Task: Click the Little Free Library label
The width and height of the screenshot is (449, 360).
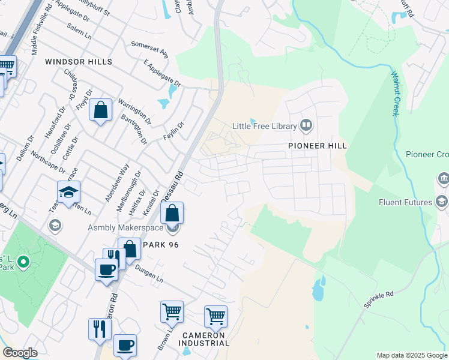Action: pyautogui.click(x=265, y=126)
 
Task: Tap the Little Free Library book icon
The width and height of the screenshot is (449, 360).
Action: pyautogui.click(x=307, y=125)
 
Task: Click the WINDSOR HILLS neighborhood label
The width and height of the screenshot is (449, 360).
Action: pyautogui.click(x=79, y=62)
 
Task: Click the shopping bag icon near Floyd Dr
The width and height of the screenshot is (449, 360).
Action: pyautogui.click(x=101, y=110)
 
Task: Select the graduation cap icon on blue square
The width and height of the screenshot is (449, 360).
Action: pyautogui.click(x=69, y=192)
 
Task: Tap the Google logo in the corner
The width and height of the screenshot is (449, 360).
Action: pyautogui.click(x=20, y=353)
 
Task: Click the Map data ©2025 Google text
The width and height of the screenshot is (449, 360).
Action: pyautogui.click(x=411, y=355)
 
